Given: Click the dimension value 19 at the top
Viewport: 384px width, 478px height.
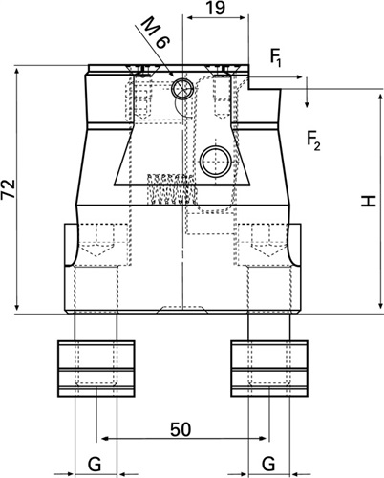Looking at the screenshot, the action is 215,8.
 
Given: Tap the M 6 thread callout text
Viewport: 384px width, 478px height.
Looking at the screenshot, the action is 155,33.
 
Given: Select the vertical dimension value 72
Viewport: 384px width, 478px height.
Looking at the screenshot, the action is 9,189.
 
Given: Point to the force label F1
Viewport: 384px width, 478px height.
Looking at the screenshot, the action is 276,57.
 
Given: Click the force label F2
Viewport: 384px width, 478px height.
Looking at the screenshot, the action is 313,141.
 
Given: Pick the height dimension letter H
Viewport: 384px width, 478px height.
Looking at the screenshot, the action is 369,202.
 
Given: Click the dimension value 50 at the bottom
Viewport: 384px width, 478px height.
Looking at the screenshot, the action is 181,429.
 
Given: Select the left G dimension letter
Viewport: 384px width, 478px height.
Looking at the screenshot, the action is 95,464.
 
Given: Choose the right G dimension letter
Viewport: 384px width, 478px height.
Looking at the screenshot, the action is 268,464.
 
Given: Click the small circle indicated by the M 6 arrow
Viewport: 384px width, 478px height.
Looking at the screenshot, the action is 182,88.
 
